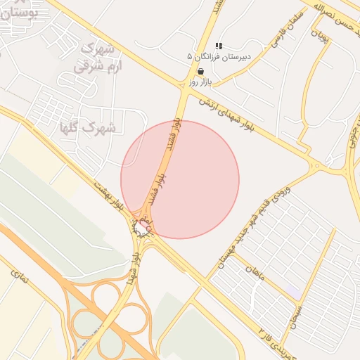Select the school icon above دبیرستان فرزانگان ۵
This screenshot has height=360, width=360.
tap(218, 46)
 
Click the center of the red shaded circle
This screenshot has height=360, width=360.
tap(180, 179)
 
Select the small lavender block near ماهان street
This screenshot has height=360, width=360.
tap(292, 290)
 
